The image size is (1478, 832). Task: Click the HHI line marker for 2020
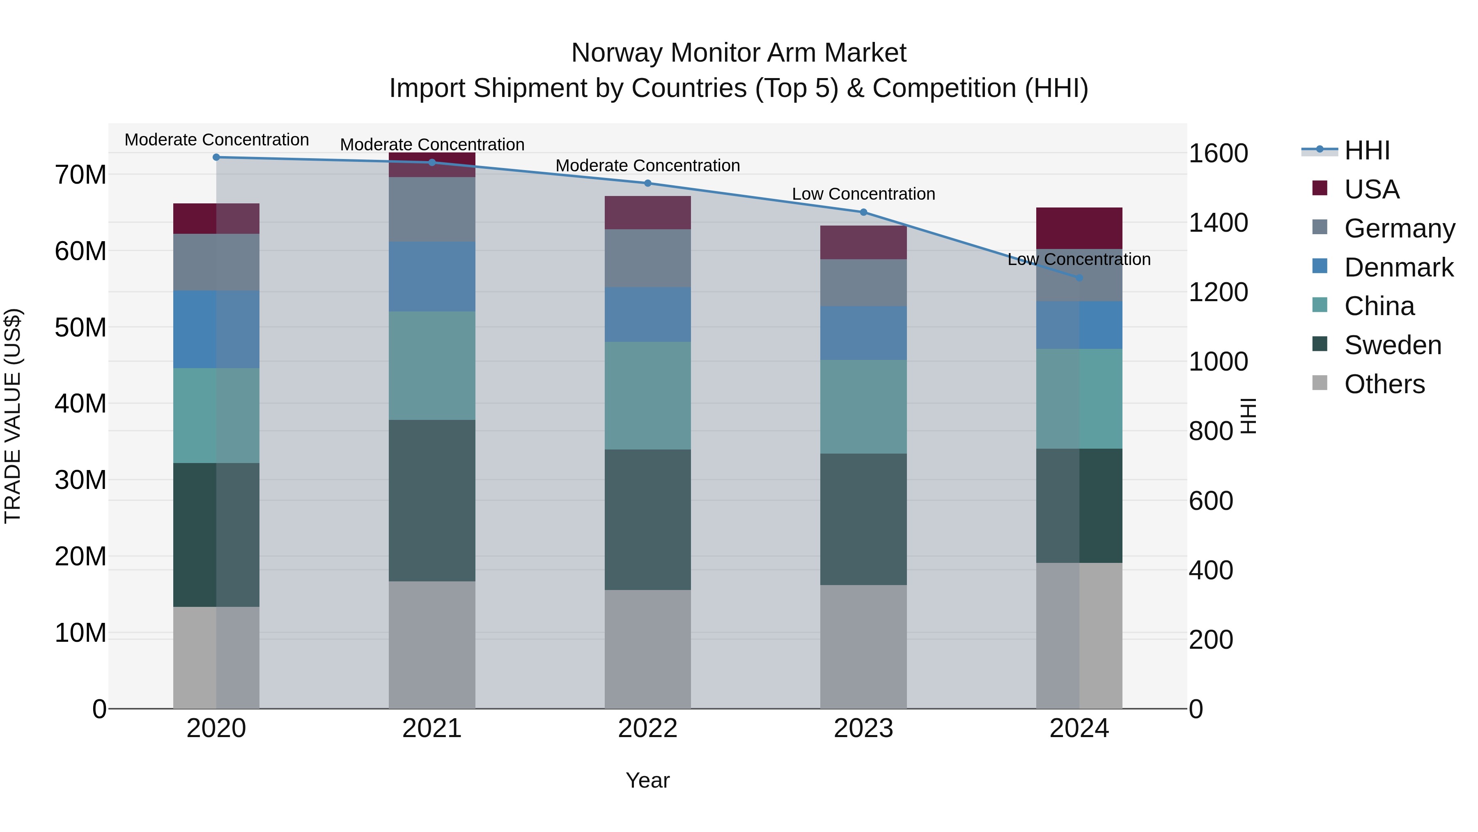click(216, 157)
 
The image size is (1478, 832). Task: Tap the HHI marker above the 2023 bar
click(863, 212)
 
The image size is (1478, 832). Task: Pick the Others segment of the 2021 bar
click(432, 644)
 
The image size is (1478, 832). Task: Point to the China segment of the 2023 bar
click(863, 406)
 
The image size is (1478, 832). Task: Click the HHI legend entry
click(1367, 150)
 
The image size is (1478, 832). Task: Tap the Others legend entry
click(1384, 384)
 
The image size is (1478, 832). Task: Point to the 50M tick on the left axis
click(80, 327)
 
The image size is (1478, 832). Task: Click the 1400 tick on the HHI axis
click(1218, 223)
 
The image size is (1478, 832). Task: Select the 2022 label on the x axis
click(648, 728)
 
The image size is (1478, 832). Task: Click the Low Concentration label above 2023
click(863, 194)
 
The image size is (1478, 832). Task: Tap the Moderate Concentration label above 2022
click(648, 165)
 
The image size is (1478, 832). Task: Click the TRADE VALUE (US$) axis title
click(13, 416)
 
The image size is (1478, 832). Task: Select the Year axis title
click(648, 780)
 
